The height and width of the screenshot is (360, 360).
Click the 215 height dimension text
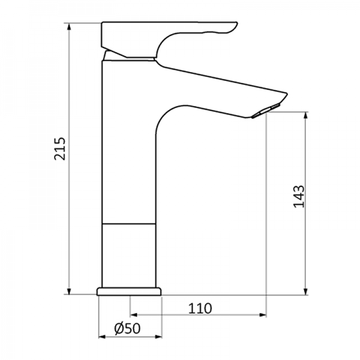61,148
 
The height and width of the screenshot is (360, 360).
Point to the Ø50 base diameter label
127,328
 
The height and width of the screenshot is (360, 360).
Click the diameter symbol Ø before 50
119,328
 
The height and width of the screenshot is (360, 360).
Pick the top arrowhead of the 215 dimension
70,28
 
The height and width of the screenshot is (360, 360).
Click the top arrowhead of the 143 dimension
307,116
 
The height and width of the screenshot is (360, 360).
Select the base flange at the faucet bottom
130,291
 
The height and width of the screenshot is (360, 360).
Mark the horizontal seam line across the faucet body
130,224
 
